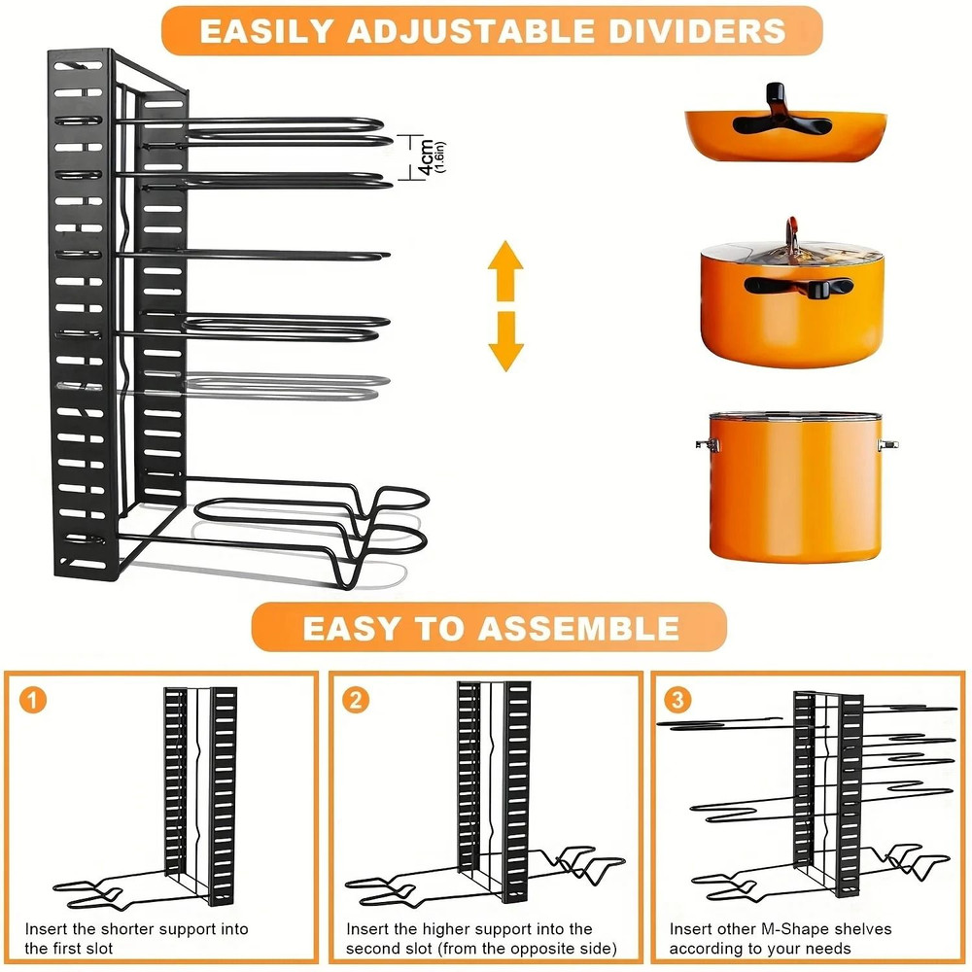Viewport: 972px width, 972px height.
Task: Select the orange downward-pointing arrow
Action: click(505, 340)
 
